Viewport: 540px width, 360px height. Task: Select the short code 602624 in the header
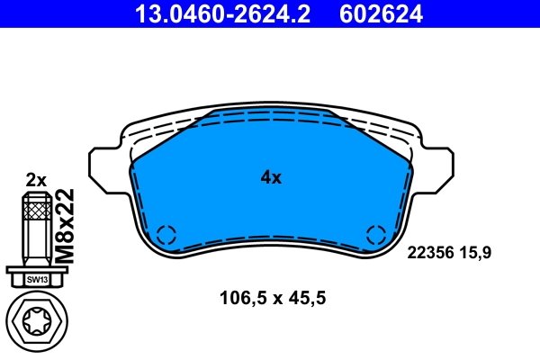click(x=381, y=13)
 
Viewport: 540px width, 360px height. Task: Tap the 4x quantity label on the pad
click(x=271, y=178)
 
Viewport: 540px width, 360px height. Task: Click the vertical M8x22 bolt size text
click(x=64, y=226)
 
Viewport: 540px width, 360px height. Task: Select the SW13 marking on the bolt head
click(x=35, y=279)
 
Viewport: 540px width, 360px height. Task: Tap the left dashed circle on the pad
click(x=166, y=236)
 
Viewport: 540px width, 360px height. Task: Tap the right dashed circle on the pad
click(x=376, y=236)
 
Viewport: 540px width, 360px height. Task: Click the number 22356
click(x=427, y=255)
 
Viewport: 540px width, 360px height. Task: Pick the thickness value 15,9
click(x=476, y=255)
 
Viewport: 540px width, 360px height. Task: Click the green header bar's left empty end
click(x=54, y=13)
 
